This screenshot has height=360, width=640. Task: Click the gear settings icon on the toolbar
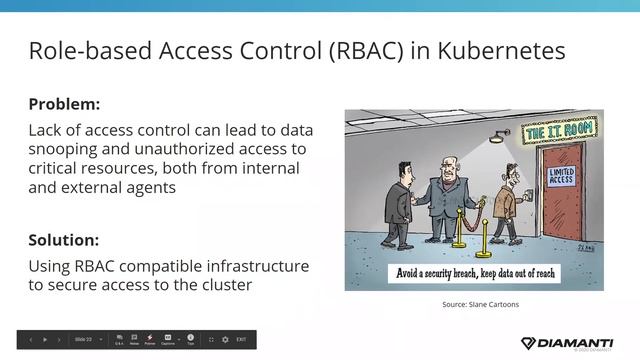(x=225, y=340)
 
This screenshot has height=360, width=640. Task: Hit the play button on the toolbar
(x=45, y=340)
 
